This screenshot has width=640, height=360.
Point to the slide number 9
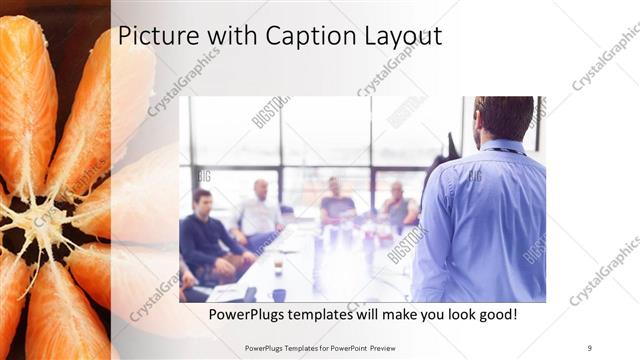pos(589,348)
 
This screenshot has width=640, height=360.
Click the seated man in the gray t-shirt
pos(336,205)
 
